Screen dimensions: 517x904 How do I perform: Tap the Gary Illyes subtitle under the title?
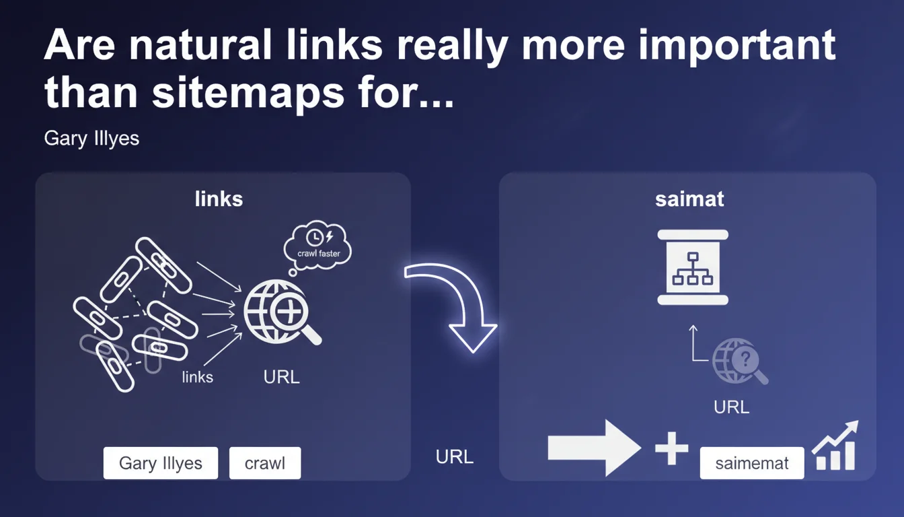point(91,139)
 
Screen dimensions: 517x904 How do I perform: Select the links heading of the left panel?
point(219,199)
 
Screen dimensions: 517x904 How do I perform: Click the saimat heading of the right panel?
point(689,200)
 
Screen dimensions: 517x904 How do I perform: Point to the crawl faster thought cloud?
point(318,246)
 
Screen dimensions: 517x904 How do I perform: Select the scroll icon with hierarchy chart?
point(693,267)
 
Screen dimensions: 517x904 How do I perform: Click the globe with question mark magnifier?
point(739,361)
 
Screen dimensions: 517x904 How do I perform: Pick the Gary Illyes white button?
point(161,463)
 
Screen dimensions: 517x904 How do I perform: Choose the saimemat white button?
point(751,463)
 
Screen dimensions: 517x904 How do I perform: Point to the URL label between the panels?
point(455,457)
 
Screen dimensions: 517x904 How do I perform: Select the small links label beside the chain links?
point(198,377)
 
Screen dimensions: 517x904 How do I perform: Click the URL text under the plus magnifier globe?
point(281,377)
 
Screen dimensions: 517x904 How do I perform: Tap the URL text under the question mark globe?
point(731,407)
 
